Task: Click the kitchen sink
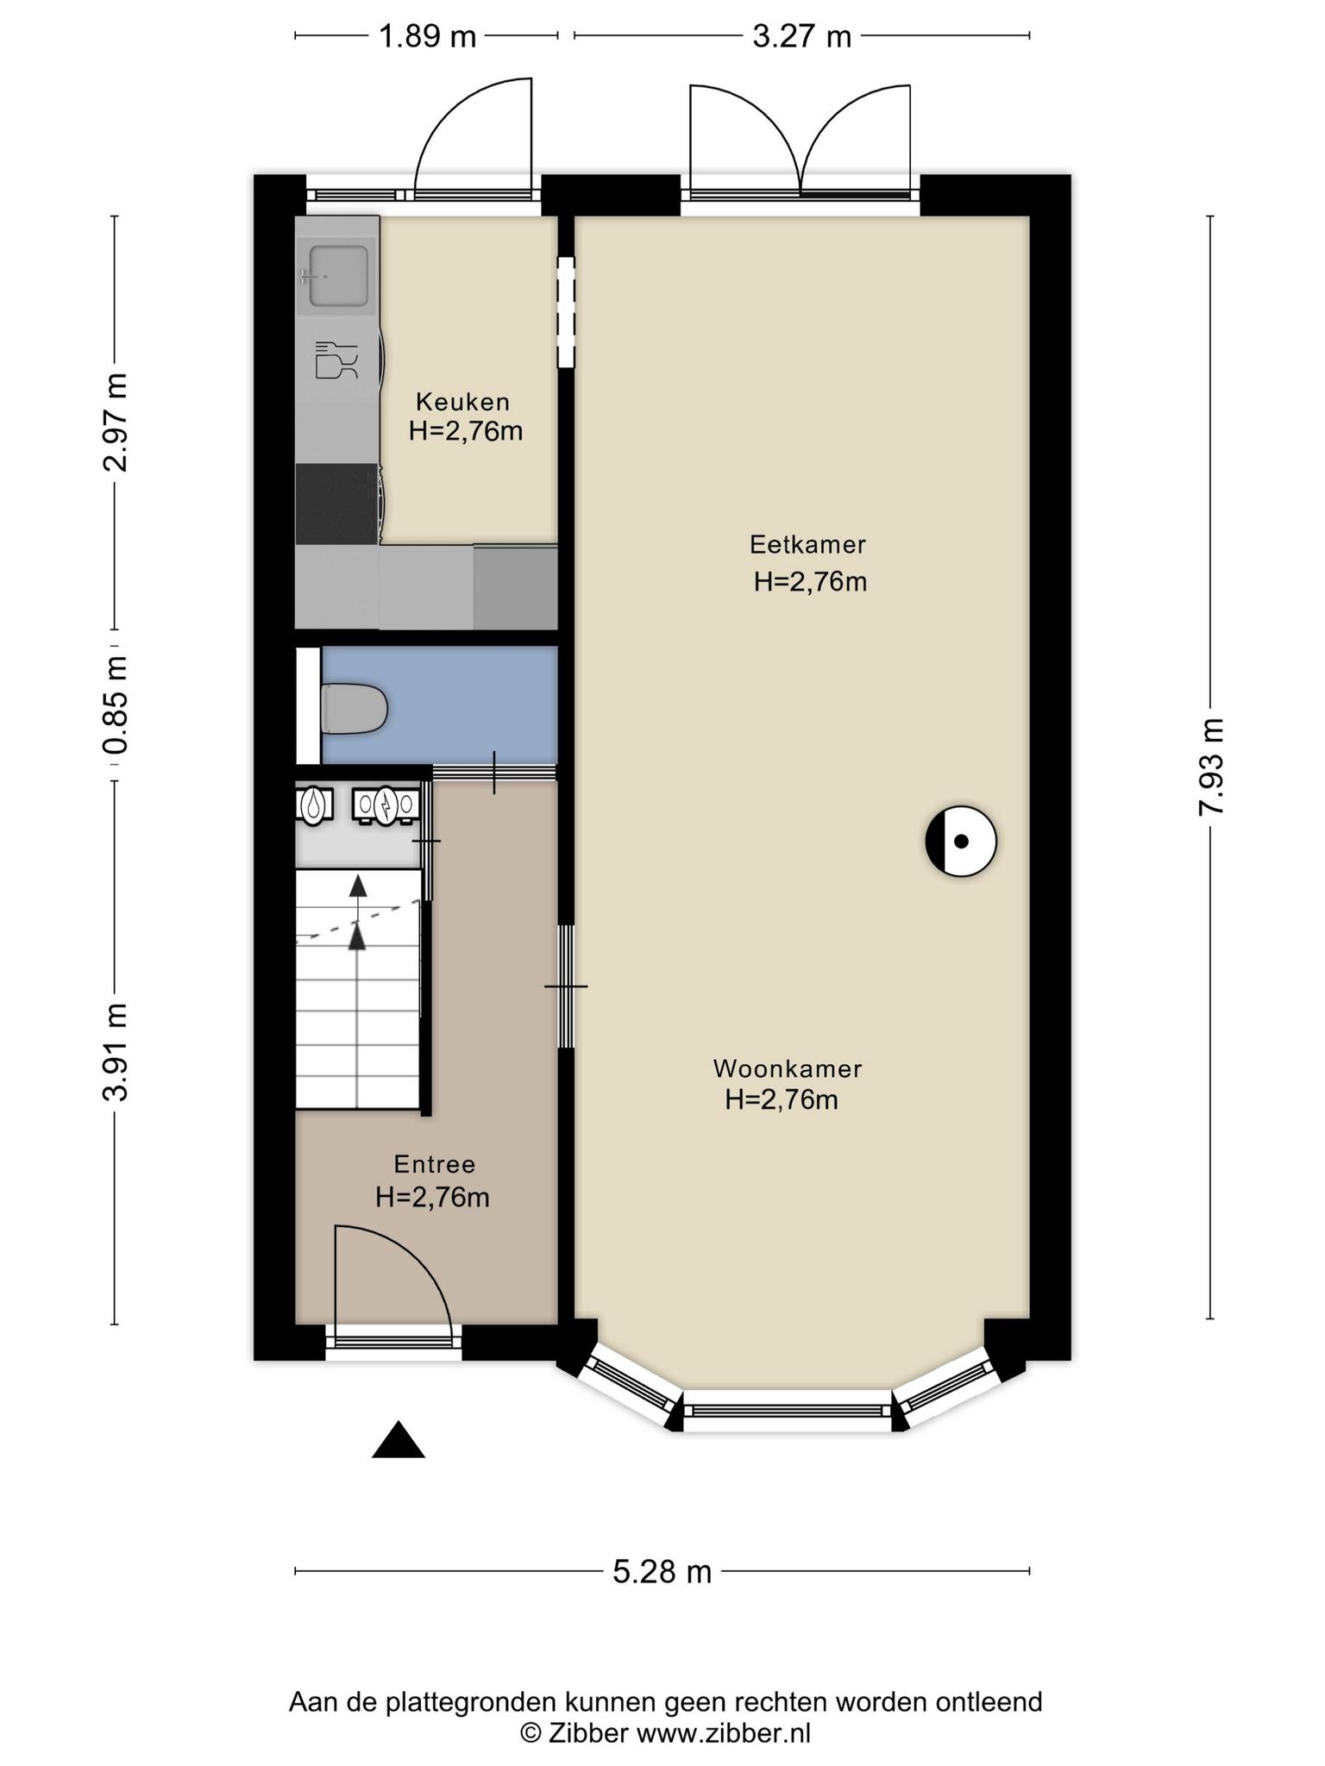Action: [337, 276]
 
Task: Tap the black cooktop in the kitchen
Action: [337, 504]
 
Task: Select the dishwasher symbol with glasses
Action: [336, 360]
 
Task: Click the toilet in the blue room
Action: [354, 709]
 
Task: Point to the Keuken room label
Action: [463, 402]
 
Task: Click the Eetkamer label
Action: [807, 545]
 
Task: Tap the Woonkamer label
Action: [788, 1069]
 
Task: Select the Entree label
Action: [435, 1165]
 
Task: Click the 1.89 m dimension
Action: [428, 37]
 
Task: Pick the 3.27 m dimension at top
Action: [802, 37]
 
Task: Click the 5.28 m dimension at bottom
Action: [662, 1572]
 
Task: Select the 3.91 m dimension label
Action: [115, 1052]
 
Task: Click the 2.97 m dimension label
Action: [115, 423]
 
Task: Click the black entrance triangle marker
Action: [399, 1441]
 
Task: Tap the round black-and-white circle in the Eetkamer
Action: [961, 841]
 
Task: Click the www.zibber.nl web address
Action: [724, 1732]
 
